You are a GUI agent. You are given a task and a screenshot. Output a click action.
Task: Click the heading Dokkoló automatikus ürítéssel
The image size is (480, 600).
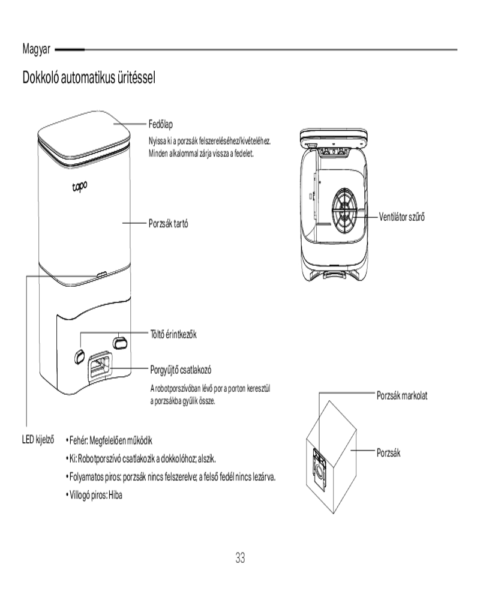(x=89, y=78)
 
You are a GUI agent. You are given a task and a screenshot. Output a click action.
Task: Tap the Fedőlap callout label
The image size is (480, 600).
(x=161, y=124)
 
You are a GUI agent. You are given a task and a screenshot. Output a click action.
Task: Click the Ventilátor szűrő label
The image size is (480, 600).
(x=403, y=215)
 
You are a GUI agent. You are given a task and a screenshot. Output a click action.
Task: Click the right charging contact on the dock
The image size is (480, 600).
(x=120, y=340)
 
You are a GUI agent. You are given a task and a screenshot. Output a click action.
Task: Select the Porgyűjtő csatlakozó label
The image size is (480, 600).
(x=181, y=369)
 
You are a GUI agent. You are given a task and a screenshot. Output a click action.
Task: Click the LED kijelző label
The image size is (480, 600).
(x=38, y=440)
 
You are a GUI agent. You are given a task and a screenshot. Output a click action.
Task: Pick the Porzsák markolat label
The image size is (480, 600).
(x=401, y=397)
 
